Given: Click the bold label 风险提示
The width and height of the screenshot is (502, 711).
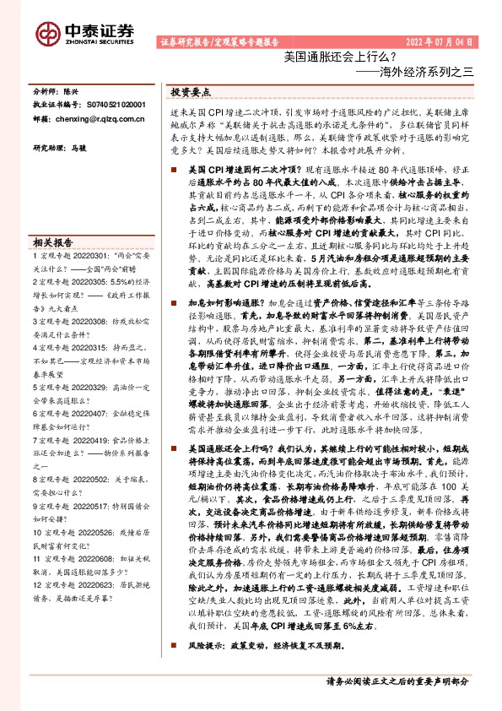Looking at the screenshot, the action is click(206, 669).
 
